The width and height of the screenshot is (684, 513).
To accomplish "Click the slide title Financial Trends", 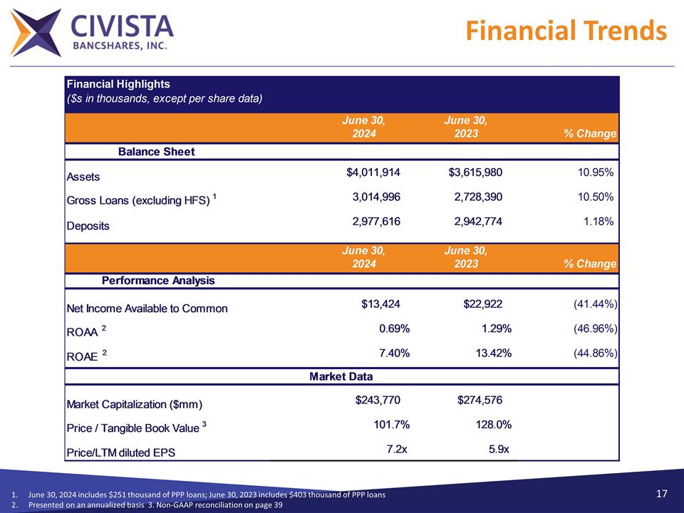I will [x=566, y=31].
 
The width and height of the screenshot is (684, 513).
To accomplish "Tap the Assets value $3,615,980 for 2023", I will [x=475, y=172].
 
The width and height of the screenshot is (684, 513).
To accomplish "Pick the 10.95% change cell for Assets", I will [x=594, y=172].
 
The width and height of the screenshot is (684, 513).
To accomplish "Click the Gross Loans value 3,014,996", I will [x=376, y=197].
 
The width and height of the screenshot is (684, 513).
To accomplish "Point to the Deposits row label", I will [x=88, y=226].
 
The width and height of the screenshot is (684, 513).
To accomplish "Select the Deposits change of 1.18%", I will [x=598, y=222].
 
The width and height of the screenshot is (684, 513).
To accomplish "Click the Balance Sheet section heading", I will [x=156, y=151].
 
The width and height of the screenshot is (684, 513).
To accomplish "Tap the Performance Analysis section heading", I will [x=159, y=280].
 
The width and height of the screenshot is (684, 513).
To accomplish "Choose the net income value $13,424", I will [x=380, y=304].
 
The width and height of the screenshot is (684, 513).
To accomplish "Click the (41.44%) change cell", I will [x=595, y=304].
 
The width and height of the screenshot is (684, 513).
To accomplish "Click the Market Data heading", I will [x=341, y=376].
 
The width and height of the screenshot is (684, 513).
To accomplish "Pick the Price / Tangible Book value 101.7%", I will [x=391, y=425].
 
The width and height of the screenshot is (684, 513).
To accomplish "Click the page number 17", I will [x=661, y=494].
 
